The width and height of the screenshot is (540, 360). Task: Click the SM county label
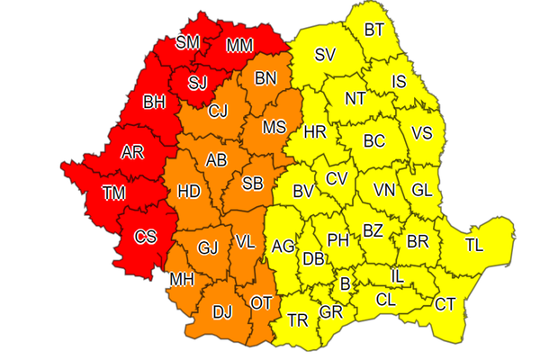pos(188,41)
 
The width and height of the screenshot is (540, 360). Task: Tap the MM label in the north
pos(238,44)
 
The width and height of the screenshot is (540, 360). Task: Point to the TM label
pos(114,191)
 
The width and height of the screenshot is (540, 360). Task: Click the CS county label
pos(145,237)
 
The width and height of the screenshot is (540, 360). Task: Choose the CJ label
pos(218,112)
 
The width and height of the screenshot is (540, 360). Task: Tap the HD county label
pos(188,191)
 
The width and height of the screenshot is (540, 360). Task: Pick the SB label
pos(253,184)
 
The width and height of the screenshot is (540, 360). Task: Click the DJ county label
pos(222,312)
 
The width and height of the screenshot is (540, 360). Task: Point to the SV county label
pos(325,56)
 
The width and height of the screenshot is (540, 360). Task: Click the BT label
pos(373,31)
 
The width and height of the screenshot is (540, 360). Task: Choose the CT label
pos(445,303)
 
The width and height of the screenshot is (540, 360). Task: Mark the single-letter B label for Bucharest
pos(344,284)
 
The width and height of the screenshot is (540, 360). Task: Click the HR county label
pos(315,131)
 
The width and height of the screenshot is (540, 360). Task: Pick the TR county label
pos(297,319)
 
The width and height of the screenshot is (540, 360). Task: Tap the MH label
pos(181,279)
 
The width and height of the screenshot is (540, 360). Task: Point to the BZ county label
pos(373,230)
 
